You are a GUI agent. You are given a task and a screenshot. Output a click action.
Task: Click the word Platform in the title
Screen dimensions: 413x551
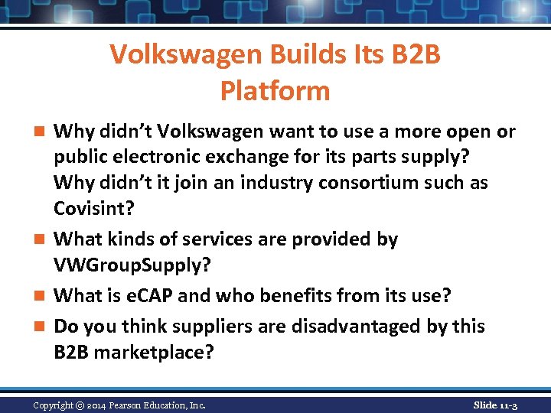click(275, 91)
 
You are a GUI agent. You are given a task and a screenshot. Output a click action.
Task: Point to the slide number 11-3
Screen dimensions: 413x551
click(506, 405)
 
